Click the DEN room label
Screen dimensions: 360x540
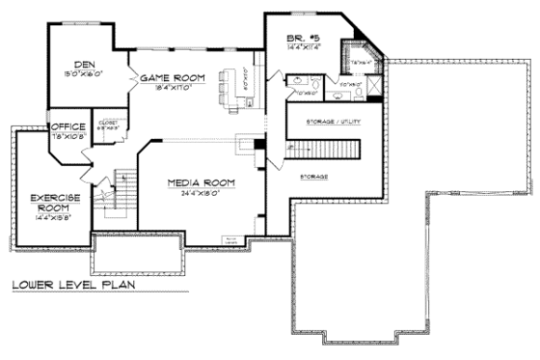(x=84, y=65)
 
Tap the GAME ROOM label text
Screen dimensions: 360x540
(x=175, y=76)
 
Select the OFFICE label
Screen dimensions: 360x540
(x=67, y=125)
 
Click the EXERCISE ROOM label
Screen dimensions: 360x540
(x=47, y=201)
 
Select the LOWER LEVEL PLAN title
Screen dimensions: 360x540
(x=73, y=285)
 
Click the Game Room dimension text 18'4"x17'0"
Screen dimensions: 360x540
(x=175, y=87)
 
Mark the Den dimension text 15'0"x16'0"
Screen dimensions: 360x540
(x=84, y=74)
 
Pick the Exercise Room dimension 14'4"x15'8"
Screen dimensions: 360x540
(x=47, y=218)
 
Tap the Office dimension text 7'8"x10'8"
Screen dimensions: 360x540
(x=67, y=135)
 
